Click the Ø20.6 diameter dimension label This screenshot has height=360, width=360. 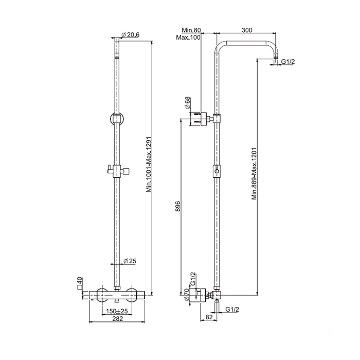[x=131, y=34]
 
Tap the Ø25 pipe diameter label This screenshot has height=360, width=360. [x=130, y=261]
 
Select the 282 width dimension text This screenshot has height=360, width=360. [x=118, y=318]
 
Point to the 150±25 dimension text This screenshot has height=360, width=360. [x=117, y=311]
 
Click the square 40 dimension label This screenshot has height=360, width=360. [x=80, y=283]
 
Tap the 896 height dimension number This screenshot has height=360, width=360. [x=178, y=206]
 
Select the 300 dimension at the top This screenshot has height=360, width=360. [x=247, y=30]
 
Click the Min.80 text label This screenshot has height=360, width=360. [x=191, y=30]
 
